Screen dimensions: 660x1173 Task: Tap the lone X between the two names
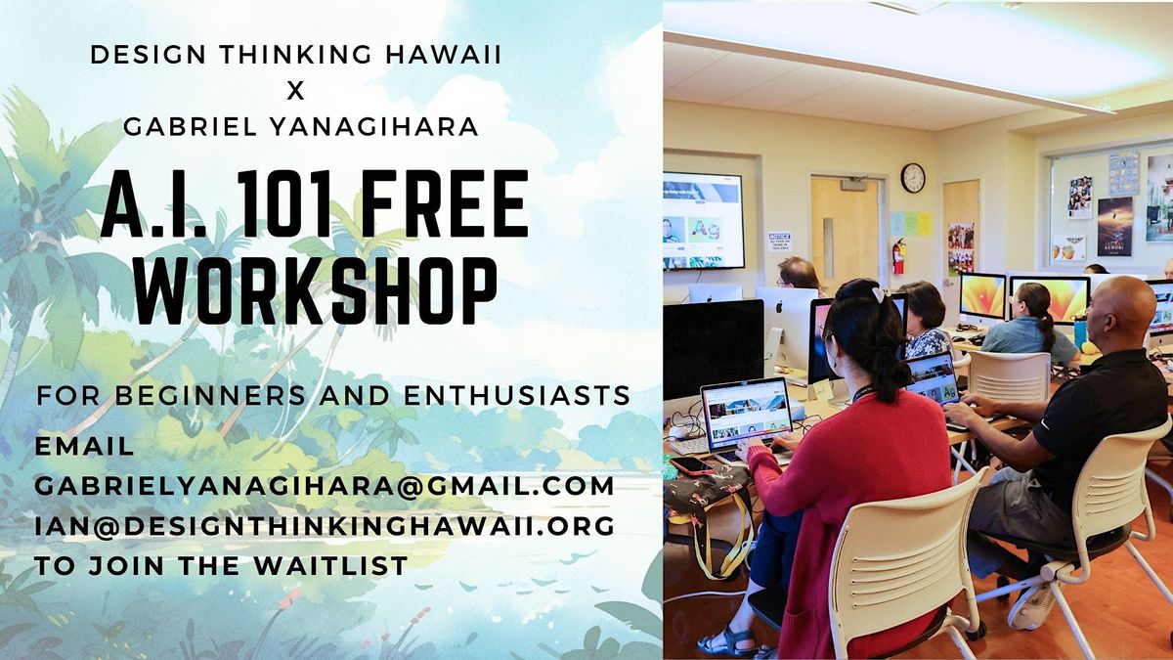pos(295,91)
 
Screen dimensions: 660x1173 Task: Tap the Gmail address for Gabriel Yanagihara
pos(325,485)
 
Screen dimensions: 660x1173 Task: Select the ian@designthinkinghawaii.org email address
pos(325,525)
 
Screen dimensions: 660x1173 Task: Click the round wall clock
pos(912,177)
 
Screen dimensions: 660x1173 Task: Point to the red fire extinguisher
pos(898,256)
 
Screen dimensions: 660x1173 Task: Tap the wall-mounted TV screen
pos(703,220)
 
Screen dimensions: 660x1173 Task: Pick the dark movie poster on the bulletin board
pos(1114,226)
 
